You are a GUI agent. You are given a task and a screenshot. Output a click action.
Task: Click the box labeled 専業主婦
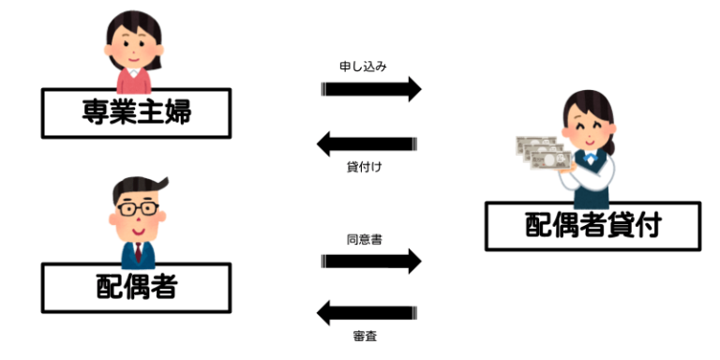click(x=136, y=113)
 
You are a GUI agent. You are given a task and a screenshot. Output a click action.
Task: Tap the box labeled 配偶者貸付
click(x=592, y=226)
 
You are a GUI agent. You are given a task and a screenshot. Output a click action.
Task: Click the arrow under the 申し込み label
click(x=371, y=90)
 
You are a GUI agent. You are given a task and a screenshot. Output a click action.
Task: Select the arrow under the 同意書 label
click(x=371, y=262)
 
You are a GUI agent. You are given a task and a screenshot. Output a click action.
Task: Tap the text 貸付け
click(x=365, y=167)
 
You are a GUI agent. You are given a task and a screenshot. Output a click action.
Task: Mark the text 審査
click(x=365, y=335)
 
